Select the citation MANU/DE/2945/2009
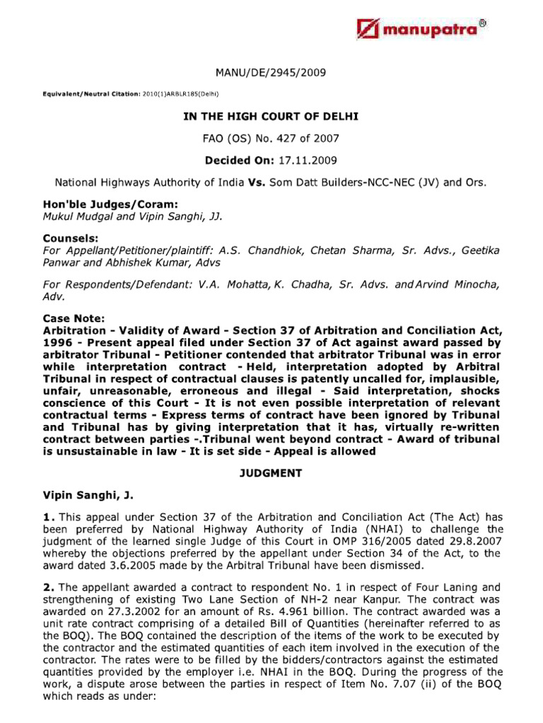coord(271,73)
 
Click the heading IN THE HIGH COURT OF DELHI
coord(271,116)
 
